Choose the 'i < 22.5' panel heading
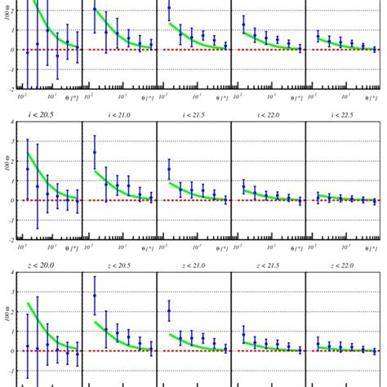pos(342,115)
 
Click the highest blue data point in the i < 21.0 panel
pos(95,153)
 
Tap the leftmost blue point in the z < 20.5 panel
pos(95,296)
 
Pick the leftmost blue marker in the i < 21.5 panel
pos(169,170)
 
